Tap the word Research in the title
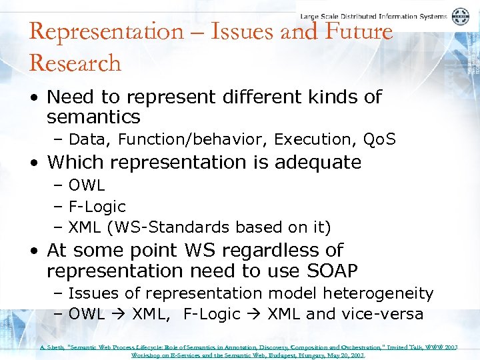coord(75,63)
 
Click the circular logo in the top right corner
coord(460,17)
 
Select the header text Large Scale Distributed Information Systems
coord(373,17)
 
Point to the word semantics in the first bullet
coord(93,118)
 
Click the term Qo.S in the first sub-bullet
coord(379,139)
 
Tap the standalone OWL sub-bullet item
coord(87,185)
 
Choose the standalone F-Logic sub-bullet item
coord(97,206)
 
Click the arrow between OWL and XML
coord(119,315)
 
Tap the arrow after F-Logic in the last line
coord(253,315)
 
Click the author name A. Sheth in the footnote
coord(50,347)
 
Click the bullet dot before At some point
coord(34,251)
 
